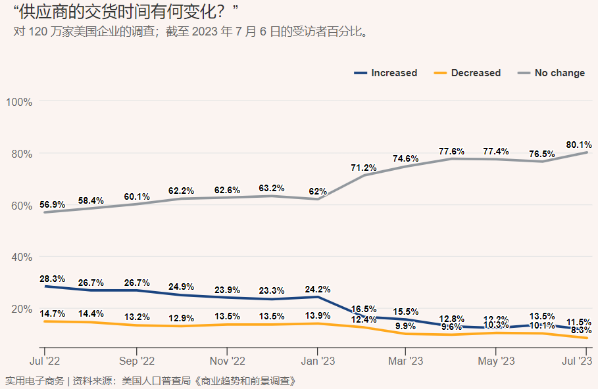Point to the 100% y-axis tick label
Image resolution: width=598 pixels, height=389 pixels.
20,102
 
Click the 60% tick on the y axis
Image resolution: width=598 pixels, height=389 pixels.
22,206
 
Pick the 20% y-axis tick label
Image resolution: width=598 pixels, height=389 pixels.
22,309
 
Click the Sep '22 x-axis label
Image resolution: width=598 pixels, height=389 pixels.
137,361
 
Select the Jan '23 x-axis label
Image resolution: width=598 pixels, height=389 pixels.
318,361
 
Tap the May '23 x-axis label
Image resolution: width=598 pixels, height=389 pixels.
496,361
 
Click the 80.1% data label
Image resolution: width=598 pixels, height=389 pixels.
579,145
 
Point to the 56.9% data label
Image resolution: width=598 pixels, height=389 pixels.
52,205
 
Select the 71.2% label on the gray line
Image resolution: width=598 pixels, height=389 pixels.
364,168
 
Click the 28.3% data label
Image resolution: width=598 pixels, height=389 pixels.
52,279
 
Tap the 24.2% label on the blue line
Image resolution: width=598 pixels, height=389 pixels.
318,289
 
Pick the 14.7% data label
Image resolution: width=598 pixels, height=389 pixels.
52,313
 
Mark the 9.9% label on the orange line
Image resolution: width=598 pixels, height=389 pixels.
405,326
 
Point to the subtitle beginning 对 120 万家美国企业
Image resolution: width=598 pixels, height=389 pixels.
191,32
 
